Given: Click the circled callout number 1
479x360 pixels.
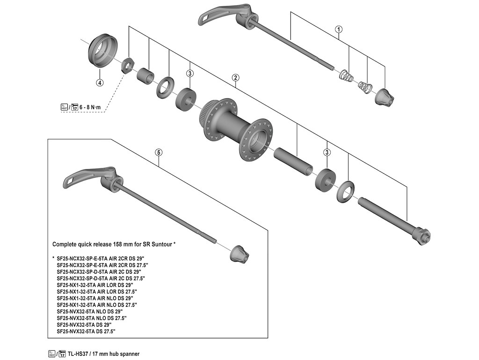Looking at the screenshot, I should [x=339, y=30].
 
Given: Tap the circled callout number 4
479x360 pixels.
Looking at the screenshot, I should [x=99, y=83].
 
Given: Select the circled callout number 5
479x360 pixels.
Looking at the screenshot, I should [x=159, y=152].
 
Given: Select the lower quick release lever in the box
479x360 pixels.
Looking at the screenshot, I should [x=84, y=177].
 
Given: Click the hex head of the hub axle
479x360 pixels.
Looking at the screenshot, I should [x=421, y=234].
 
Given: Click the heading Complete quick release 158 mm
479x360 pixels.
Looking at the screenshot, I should [x=114, y=244].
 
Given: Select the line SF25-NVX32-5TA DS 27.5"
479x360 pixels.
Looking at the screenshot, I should [x=86, y=331].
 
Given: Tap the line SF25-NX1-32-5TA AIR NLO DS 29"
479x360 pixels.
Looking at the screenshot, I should [x=95, y=298].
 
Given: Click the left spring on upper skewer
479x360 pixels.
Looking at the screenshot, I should [x=345, y=75].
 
